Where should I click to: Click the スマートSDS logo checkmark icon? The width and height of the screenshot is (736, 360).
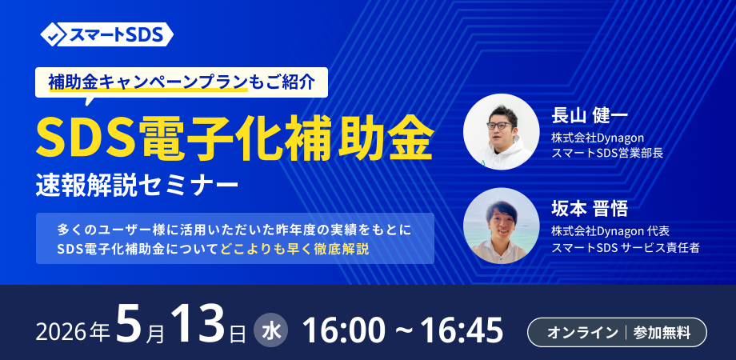click(x=56, y=34)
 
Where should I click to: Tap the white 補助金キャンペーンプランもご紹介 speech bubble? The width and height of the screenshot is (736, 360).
click(x=181, y=83)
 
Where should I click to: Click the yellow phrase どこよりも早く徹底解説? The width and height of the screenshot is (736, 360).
click(x=294, y=250)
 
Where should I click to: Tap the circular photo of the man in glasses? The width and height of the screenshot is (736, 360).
click(x=501, y=131)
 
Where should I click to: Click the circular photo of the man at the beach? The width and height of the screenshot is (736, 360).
click(x=501, y=226)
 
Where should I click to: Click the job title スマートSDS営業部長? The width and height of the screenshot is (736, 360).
click(x=607, y=153)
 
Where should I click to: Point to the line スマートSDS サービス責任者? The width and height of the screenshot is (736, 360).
click(x=626, y=247)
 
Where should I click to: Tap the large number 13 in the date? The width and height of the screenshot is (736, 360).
click(x=198, y=326)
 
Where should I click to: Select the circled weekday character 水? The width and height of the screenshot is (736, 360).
click(x=271, y=332)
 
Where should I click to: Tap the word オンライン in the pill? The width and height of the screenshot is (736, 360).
click(x=582, y=333)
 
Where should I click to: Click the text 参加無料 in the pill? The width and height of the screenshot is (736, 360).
click(x=662, y=333)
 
